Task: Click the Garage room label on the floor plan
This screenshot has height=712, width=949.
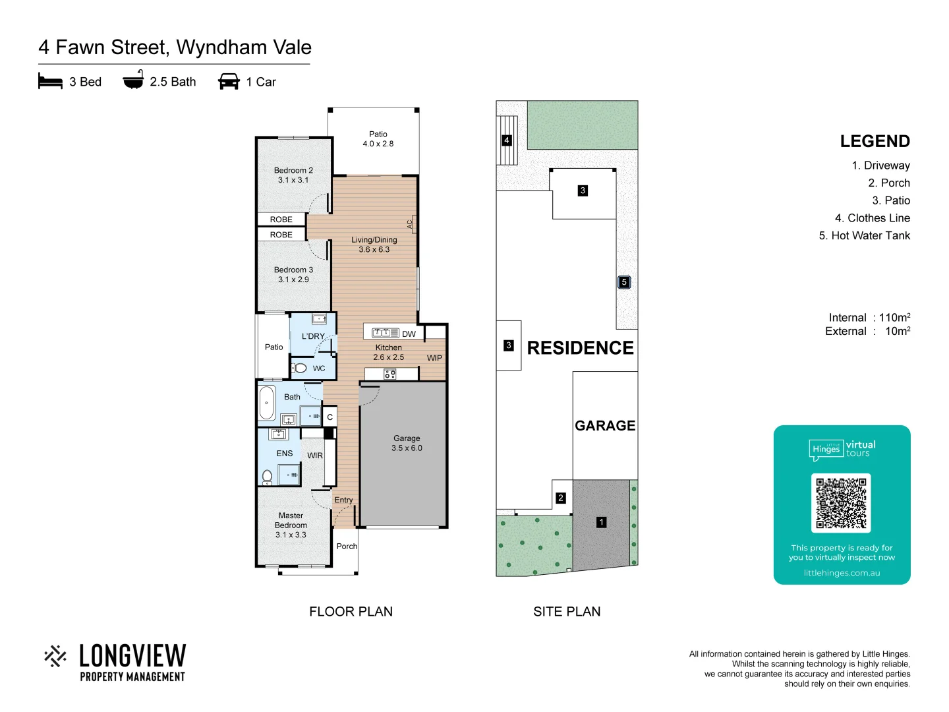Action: click(407, 443)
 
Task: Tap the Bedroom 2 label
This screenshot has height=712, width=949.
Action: click(293, 175)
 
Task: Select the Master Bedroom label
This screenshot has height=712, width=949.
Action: click(291, 525)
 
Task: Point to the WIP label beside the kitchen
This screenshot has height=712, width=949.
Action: click(434, 358)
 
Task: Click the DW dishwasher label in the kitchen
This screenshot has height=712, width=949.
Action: click(409, 334)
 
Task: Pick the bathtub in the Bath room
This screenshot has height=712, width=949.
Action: click(267, 403)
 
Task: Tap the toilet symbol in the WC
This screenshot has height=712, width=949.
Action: click(301, 368)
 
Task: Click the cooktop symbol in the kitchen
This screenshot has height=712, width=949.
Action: click(389, 374)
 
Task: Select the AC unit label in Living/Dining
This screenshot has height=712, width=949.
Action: click(411, 225)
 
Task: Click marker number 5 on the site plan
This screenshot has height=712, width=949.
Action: click(624, 282)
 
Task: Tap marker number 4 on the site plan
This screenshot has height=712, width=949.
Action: click(507, 140)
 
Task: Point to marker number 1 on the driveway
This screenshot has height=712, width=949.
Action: click(601, 522)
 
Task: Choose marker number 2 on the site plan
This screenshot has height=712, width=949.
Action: click(561, 498)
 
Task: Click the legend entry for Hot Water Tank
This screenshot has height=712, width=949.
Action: click(864, 236)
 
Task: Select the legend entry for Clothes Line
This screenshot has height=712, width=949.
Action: click(872, 218)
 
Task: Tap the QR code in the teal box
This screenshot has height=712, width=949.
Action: click(841, 503)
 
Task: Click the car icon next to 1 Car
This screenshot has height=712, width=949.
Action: click(229, 82)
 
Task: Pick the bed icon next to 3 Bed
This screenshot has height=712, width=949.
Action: click(50, 82)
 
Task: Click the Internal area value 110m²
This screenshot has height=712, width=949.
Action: click(894, 318)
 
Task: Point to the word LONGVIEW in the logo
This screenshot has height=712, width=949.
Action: click(132, 656)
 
